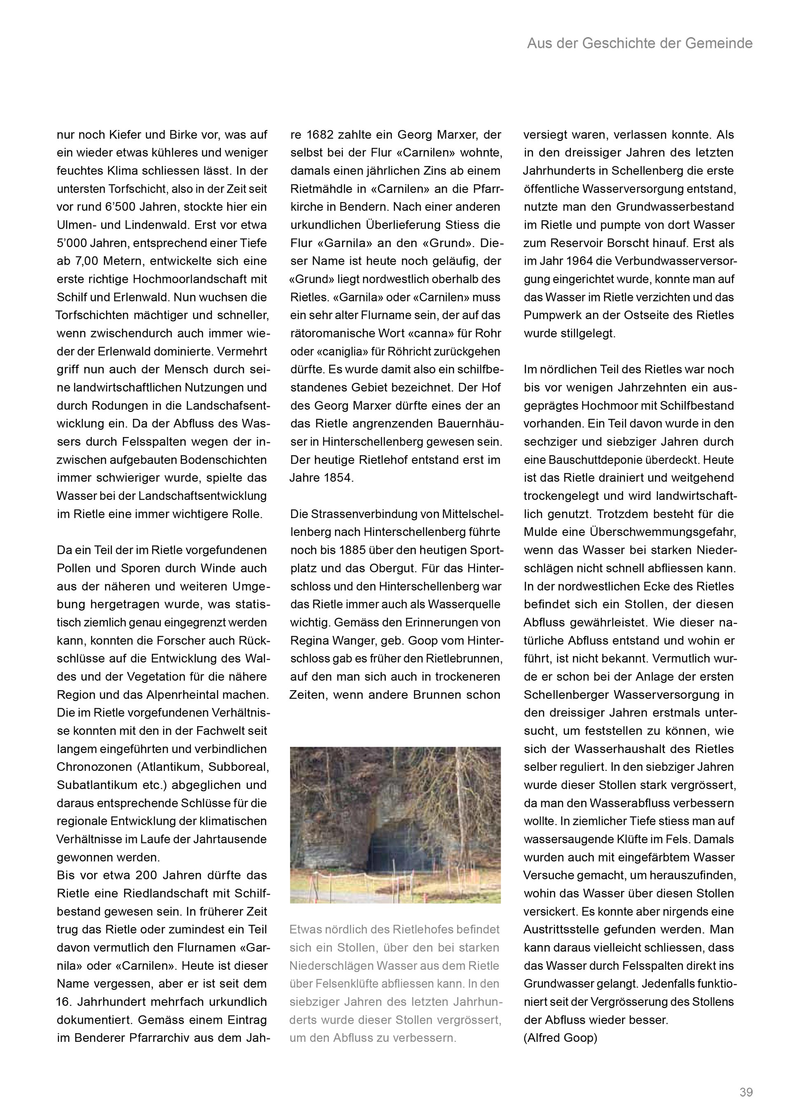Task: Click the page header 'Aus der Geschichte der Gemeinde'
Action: point(639,44)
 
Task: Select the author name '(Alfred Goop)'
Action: point(560,1038)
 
